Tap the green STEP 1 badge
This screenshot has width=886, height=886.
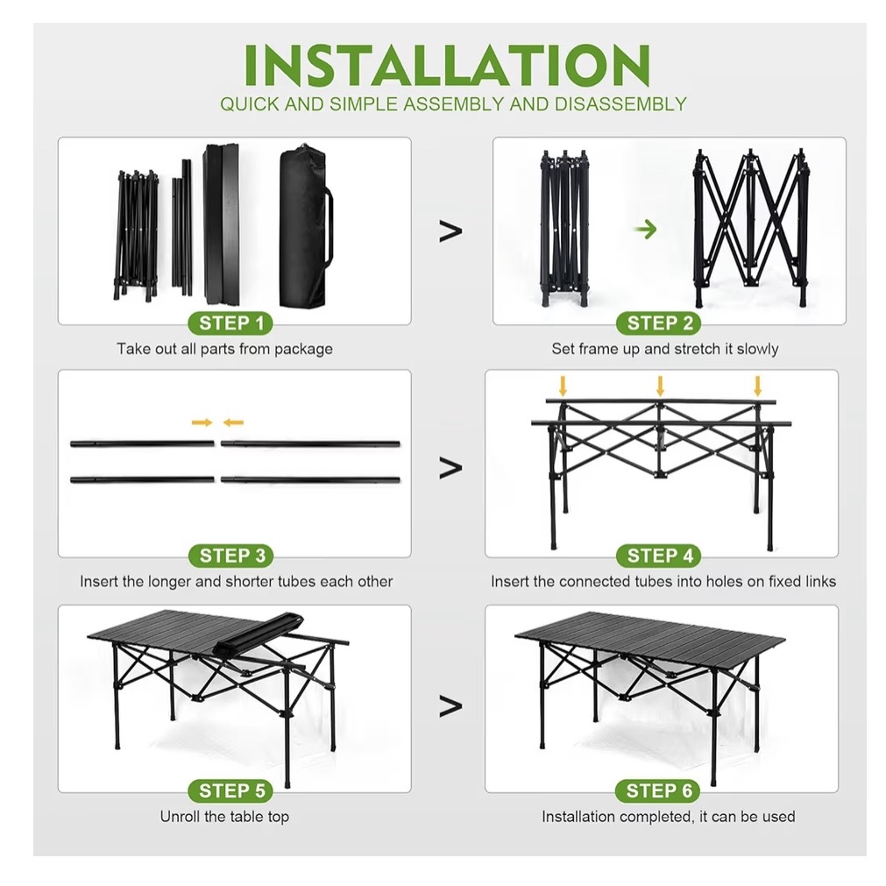(230, 323)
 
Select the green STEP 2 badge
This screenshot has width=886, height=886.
(660, 323)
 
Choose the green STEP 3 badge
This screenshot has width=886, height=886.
(231, 555)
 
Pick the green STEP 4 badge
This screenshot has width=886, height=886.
(660, 555)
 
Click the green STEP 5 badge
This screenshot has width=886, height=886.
(231, 790)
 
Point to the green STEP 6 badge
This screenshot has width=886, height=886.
(660, 790)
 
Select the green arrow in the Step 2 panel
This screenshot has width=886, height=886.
(646, 230)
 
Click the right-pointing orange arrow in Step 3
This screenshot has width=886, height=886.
(202, 422)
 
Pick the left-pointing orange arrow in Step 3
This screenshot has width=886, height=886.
(232, 422)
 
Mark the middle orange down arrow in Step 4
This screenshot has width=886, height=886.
(660, 385)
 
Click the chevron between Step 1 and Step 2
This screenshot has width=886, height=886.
(450, 231)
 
